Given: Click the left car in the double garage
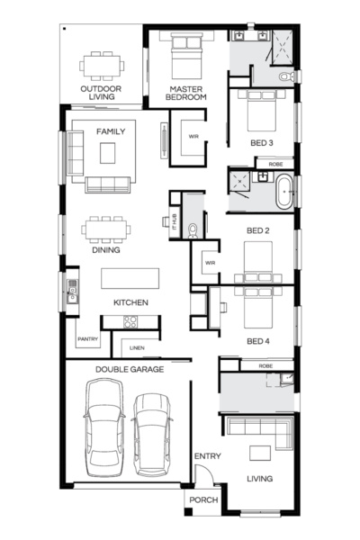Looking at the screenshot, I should pos(102,428).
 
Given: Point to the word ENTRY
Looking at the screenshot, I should pos(207,456).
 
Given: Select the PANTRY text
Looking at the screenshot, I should pos(87,339).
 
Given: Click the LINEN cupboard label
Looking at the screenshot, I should pos(137,347).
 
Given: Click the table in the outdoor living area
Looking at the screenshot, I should pos(101,65).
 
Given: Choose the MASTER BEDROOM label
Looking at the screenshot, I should pos(187,94).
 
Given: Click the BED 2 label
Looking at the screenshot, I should pos(259,230).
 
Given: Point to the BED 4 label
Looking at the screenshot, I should pos(259,342).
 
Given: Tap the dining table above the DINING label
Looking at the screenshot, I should pos(106,229).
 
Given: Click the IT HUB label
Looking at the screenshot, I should pos(165,220).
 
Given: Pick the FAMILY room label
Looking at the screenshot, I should pos(110,131).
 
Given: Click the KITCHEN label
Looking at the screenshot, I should pos(130,302).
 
